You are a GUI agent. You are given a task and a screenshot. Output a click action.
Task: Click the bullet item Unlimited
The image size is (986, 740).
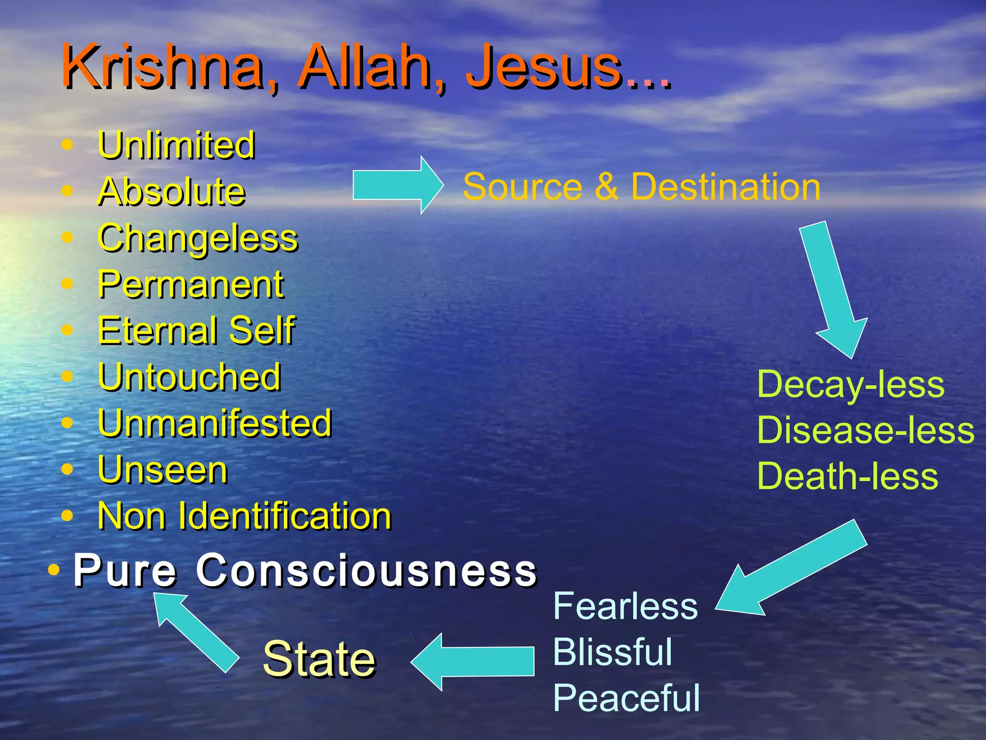pos(176,145)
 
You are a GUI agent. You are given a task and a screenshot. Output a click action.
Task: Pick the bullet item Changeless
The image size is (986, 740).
pos(198,238)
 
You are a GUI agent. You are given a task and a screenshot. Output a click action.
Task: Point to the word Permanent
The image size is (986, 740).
pos(191,285)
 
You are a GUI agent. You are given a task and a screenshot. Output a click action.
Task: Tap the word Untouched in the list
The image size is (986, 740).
pos(189,377)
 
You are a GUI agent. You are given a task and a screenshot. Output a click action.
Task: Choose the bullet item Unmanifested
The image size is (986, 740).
pos(215,423)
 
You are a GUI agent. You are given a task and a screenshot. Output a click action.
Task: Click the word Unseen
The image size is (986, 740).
pos(163,470)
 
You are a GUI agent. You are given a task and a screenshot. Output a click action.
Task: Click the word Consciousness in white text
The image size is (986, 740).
pos(366,570)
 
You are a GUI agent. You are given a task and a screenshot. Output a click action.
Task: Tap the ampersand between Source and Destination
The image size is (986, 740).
pos(607,186)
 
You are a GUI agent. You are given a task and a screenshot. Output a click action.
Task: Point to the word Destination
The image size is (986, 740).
pos(726,186)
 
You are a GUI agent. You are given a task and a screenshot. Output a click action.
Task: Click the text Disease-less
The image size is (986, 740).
pos(865,430)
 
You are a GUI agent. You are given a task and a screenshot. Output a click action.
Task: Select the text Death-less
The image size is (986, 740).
pos(847,476)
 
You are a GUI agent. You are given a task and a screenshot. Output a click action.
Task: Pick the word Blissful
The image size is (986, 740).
pos(612,652)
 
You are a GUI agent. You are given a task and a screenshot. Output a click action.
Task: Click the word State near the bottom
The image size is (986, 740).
pos(319,659)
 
